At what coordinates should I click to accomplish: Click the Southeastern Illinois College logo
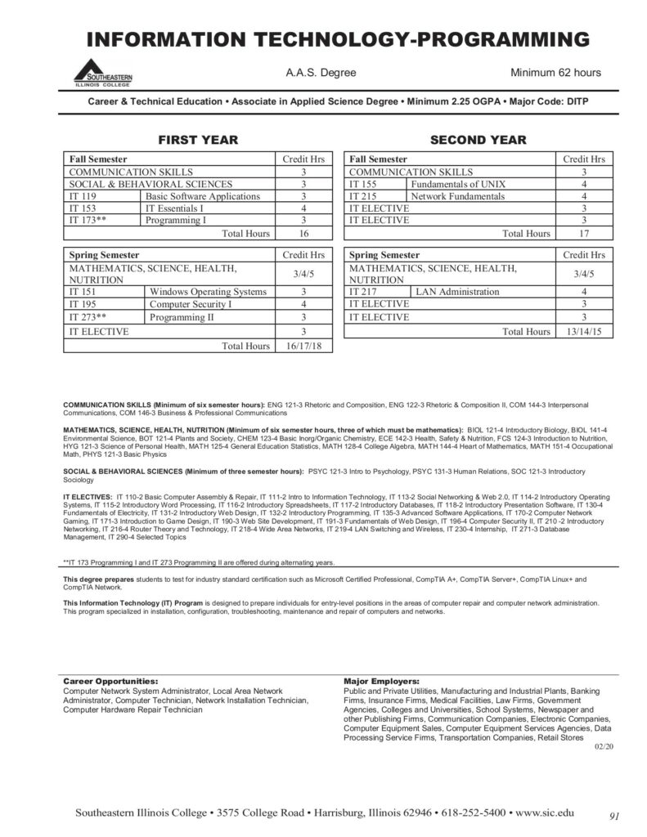103,74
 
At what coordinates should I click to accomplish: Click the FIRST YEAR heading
198,140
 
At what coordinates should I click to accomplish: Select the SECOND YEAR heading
479,140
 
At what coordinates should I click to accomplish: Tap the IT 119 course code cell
83,196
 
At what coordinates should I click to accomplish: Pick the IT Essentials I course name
174,208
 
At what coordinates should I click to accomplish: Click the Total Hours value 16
303,234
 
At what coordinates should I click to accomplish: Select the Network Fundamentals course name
458,197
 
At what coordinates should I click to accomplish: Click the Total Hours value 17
584,234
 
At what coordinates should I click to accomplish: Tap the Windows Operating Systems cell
208,292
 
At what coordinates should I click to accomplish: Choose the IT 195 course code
83,305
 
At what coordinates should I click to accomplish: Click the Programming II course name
182,317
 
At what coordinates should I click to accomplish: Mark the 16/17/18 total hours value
303,346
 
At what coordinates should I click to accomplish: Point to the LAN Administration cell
457,292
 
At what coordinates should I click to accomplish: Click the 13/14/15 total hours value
584,331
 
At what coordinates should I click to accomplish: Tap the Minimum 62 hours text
555,73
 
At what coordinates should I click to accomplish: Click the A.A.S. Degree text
321,73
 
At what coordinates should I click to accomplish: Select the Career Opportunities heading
110,681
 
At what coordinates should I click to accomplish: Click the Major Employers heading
382,681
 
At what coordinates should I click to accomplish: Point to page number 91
615,815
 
